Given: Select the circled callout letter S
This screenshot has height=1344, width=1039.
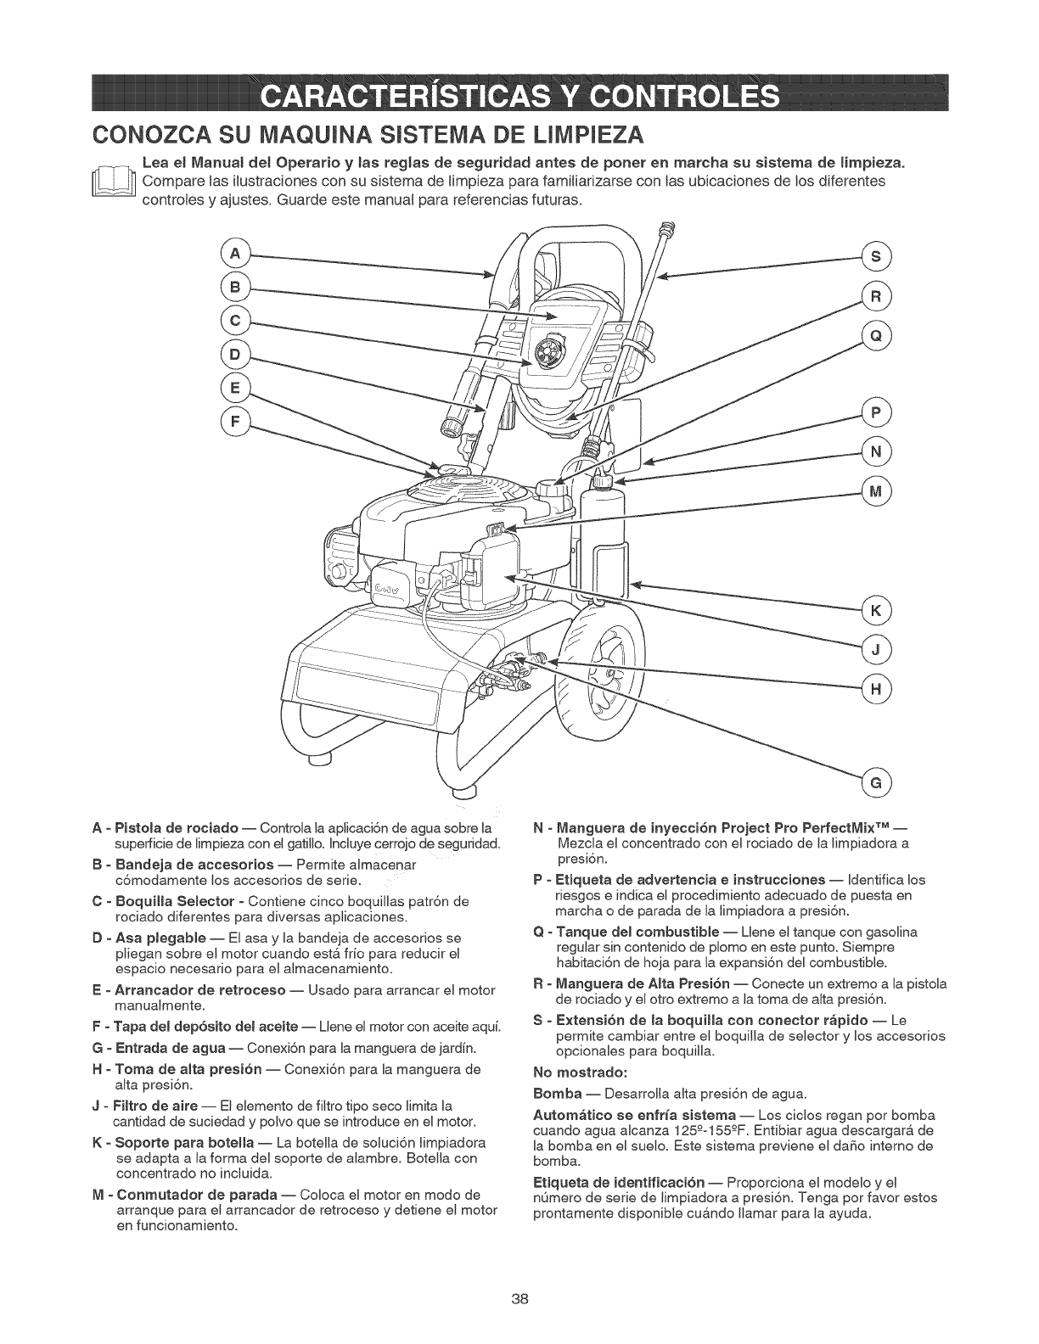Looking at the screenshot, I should (x=876, y=256).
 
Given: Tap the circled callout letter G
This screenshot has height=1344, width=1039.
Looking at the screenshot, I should (x=876, y=781).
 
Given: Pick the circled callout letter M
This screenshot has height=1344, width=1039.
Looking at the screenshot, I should (x=876, y=491).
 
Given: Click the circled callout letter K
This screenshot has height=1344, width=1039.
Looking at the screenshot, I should (x=876, y=611).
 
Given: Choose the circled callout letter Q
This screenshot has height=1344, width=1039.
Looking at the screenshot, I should (x=876, y=335).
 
